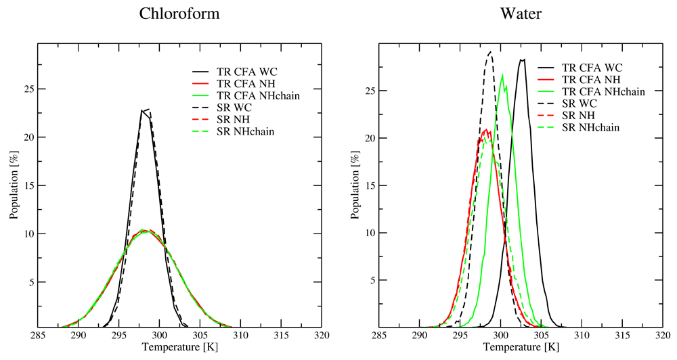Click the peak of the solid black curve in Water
click(x=522, y=60)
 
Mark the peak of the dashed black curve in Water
click(x=491, y=51)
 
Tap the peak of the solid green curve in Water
click(x=502, y=74)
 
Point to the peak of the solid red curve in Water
click(x=486, y=129)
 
